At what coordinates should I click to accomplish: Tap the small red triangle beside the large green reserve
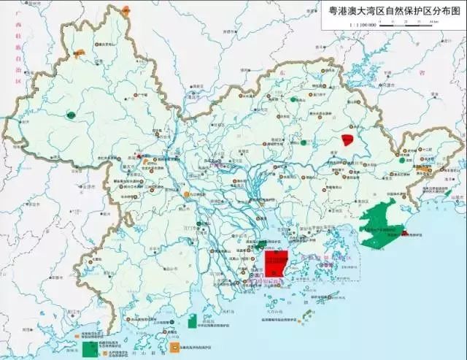(403, 233)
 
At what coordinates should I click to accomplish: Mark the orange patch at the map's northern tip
(126, 10)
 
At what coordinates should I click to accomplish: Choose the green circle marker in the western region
(71, 115)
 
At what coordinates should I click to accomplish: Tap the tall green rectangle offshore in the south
(191, 321)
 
